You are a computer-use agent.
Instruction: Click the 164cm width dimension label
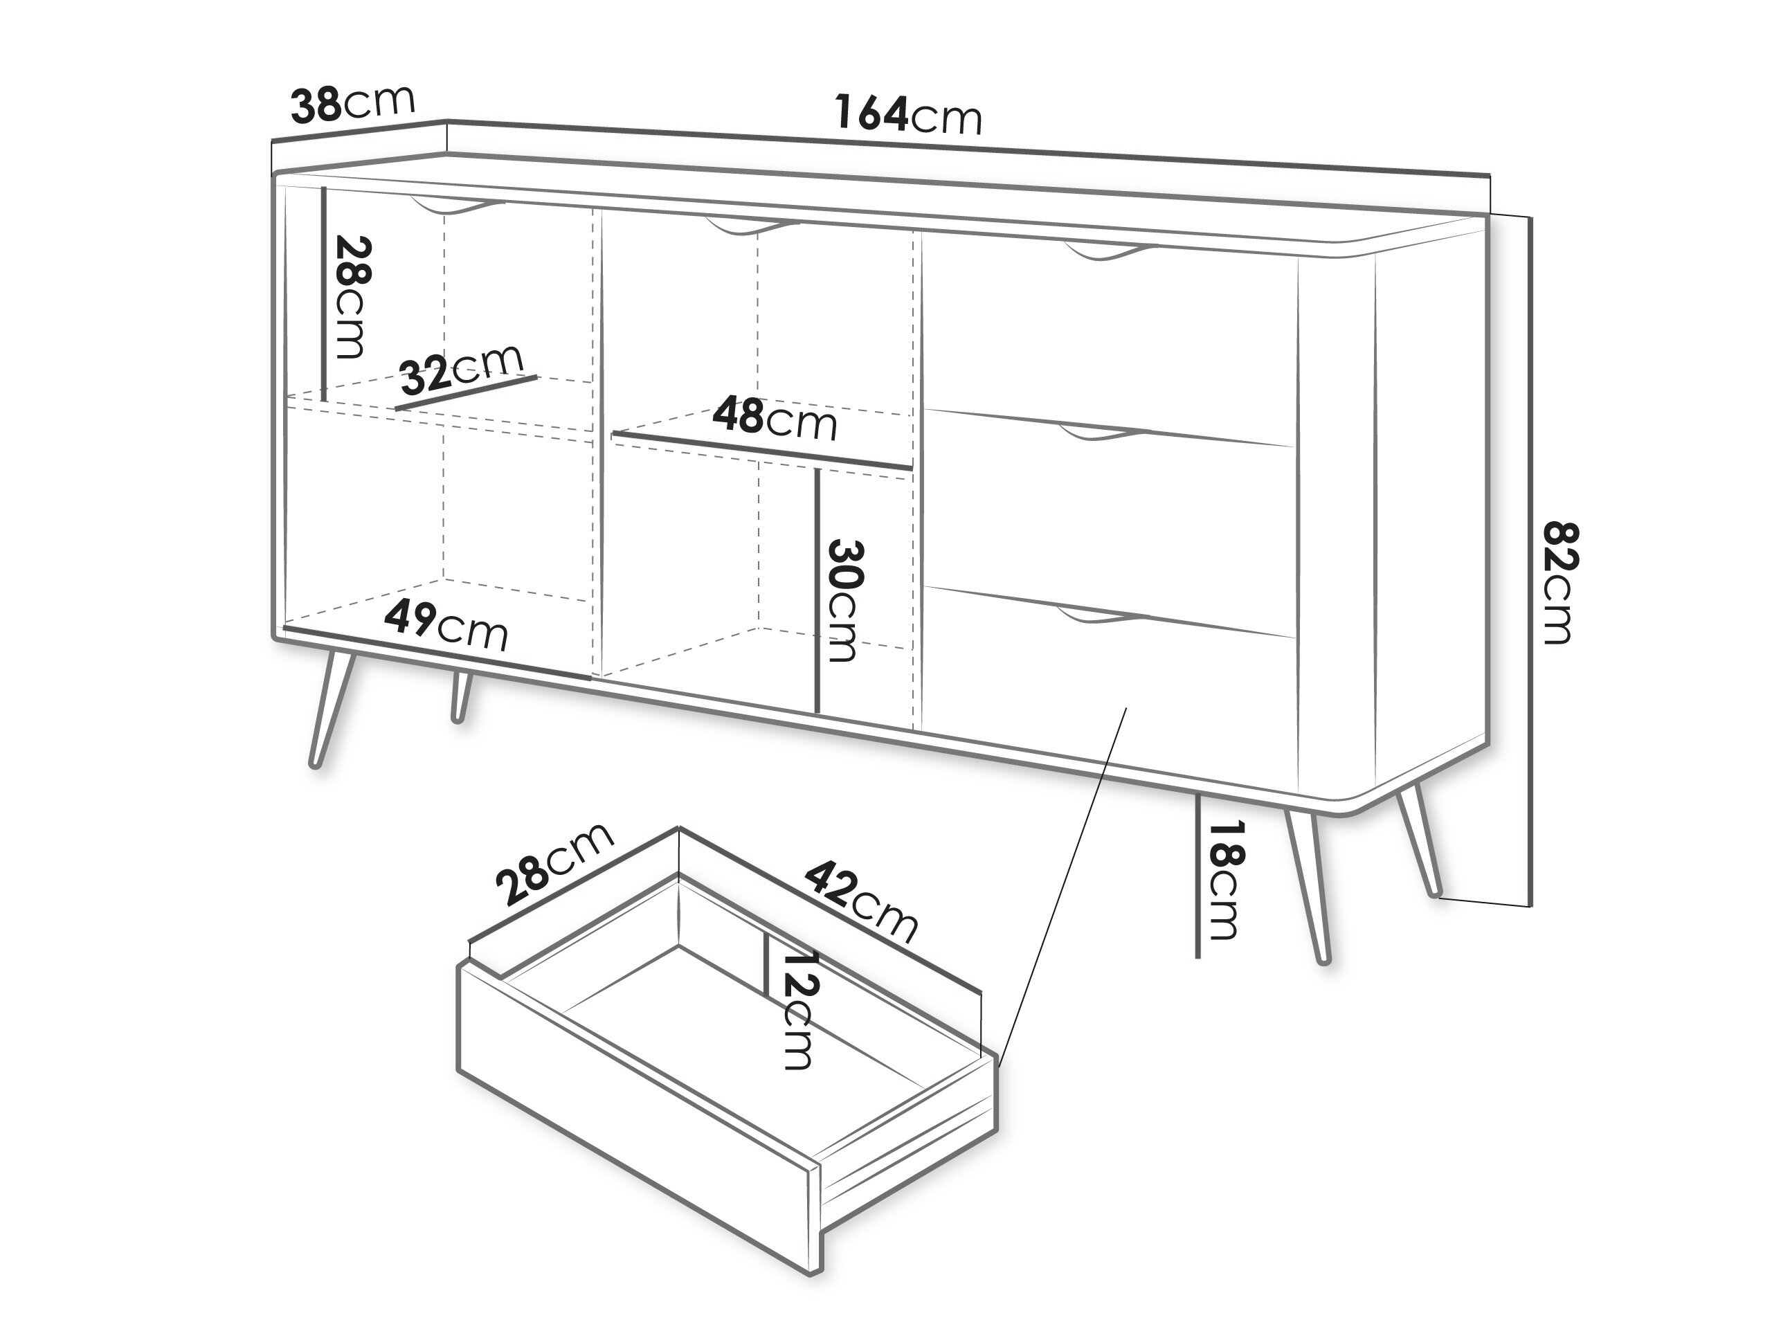pos(907,114)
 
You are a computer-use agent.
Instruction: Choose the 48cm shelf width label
pos(775,417)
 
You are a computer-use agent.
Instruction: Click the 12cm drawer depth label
pos(799,1010)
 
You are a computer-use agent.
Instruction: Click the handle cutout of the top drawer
pos(1110,251)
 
